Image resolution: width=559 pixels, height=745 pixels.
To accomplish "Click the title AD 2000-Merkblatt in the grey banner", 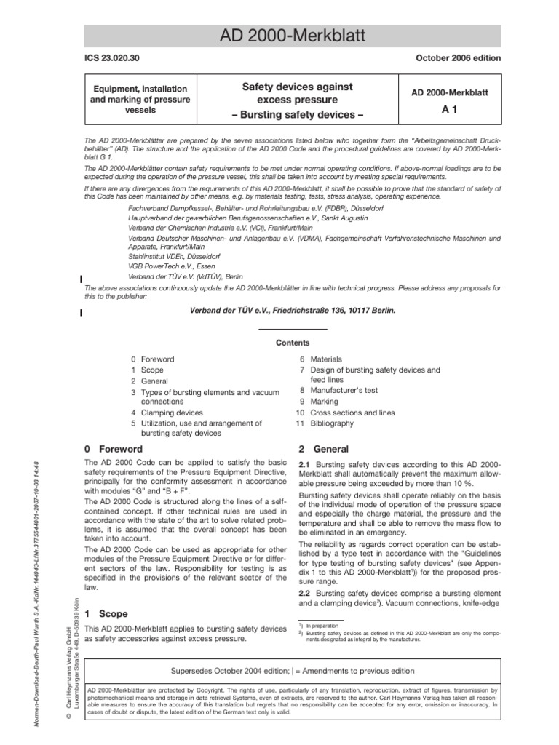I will pyautogui.click(x=292, y=36).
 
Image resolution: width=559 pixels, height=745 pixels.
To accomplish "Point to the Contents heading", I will pyautogui.click(x=293, y=343).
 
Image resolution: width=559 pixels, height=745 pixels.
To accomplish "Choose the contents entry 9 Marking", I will pyautogui.click(x=317, y=402).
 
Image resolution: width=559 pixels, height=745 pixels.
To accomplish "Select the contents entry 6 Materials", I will pyautogui.click(x=321, y=359).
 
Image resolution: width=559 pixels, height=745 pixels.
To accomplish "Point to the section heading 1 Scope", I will pyautogui.click(x=106, y=614).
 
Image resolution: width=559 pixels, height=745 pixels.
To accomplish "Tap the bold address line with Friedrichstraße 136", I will pyautogui.click(x=293, y=310).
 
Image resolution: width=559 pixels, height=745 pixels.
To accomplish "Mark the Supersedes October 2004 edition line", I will pyautogui.click(x=293, y=670).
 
